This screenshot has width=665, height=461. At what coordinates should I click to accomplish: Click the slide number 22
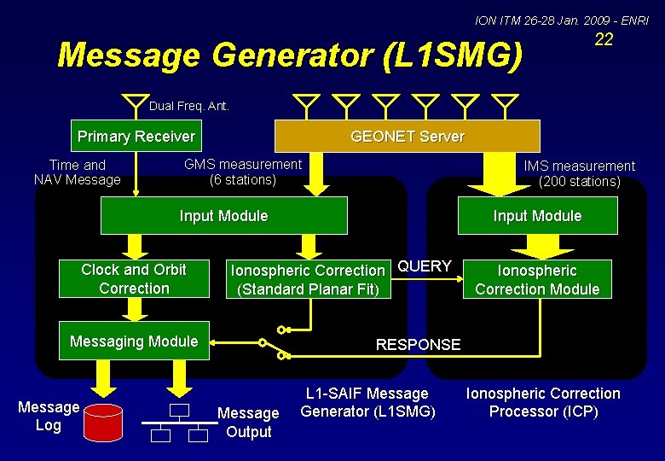pos(604,40)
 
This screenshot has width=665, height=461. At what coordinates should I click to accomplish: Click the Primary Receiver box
pos(136,137)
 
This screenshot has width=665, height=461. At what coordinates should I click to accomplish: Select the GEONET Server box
pos(407,137)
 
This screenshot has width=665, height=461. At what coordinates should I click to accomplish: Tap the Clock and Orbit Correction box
pos(134,279)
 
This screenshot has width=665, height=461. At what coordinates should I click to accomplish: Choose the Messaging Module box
pos(134,341)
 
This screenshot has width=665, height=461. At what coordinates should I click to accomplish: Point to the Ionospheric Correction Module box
pos(537,280)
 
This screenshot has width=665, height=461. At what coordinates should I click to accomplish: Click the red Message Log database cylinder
pos(105,421)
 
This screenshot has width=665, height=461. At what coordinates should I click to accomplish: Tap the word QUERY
pos(425,266)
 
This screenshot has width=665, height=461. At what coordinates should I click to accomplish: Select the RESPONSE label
pos(418,345)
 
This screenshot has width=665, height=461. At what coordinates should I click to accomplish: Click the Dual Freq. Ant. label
pos(189,107)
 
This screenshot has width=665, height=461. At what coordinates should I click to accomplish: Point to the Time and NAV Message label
pos(78,172)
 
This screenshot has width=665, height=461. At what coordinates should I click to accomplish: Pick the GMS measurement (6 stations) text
pos(243,172)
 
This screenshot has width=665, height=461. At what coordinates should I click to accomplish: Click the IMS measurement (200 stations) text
pos(579,173)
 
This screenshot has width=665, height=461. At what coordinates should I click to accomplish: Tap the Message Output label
pos(248,422)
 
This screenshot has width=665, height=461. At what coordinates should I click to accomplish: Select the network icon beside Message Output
pos(178,423)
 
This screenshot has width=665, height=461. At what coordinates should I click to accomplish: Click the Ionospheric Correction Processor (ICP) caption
pos(543,403)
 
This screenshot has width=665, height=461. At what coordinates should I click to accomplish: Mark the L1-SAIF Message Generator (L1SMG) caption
pos(368,403)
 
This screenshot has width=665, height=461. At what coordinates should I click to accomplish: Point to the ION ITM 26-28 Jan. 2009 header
pos(561,20)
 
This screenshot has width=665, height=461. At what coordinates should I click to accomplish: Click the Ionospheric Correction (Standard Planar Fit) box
pos(308,280)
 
